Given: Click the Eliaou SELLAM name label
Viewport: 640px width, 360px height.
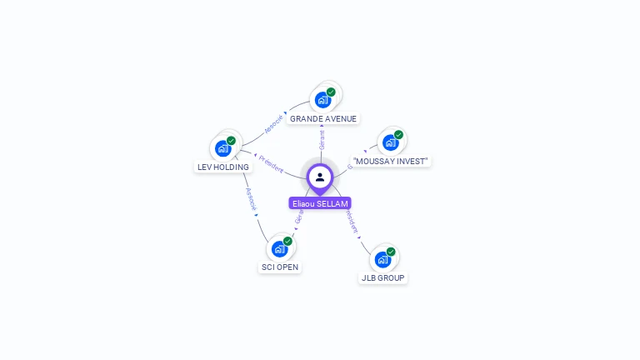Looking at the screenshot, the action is [x=320, y=203].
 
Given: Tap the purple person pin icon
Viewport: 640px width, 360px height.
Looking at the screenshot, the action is [x=320, y=177].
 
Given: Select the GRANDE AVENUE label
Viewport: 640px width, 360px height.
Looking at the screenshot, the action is [x=323, y=119].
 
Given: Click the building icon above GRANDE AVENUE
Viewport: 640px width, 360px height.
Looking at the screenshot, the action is [x=322, y=100].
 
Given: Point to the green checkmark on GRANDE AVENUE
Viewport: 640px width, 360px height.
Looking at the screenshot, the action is [x=331, y=92].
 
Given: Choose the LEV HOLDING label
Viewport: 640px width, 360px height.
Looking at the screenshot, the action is [x=222, y=167].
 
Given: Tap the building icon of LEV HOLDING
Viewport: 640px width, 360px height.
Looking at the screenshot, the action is [x=222, y=148].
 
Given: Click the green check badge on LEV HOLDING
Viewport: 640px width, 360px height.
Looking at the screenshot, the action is [x=231, y=141].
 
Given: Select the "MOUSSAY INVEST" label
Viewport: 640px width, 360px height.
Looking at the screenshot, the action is [x=391, y=161].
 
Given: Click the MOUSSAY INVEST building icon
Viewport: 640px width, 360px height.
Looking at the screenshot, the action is [x=390, y=142].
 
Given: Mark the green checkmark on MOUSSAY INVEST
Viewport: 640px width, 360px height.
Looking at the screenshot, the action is [x=398, y=135].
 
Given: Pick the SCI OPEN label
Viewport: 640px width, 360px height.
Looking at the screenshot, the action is [x=279, y=267].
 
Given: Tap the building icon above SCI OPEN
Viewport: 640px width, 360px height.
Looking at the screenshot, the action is [x=279, y=248].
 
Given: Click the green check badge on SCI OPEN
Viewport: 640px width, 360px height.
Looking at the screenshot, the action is [x=287, y=241].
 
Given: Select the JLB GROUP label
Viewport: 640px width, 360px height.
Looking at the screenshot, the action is [x=383, y=277].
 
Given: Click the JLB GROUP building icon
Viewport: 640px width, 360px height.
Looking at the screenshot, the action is [x=382, y=259].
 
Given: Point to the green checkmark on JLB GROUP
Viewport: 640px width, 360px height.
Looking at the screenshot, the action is [x=391, y=252].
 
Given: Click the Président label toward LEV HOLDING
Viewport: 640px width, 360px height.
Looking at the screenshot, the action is [x=272, y=163].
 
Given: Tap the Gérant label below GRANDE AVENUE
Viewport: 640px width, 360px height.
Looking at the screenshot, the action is [x=322, y=139].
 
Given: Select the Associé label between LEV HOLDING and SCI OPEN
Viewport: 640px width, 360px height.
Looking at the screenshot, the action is [x=250, y=201].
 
